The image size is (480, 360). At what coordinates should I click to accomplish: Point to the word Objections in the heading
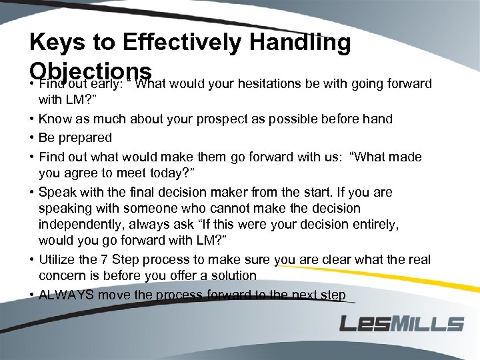pos(91,71)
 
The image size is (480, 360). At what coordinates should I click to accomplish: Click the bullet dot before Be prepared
pos(32,138)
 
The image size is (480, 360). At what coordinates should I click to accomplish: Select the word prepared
pos(85,138)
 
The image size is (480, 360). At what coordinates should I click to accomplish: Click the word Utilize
pos(58,259)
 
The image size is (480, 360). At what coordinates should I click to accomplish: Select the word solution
pos(232,275)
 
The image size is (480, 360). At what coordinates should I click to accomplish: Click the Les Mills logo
pos(401,324)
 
